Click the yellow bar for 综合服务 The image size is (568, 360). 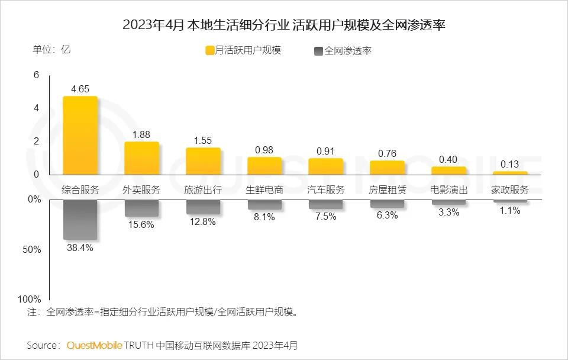click(80, 136)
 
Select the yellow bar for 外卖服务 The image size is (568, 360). click(141, 158)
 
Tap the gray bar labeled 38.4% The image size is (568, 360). click(80, 220)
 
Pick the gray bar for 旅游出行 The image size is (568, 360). click(203, 207)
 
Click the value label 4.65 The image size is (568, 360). click(80, 89)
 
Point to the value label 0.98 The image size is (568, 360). click(264, 150)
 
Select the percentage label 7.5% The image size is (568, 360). click(325, 217)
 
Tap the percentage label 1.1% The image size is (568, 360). click(509, 211)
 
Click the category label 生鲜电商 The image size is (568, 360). click(264, 190)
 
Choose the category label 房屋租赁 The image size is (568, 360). click(387, 190)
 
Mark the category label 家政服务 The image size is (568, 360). click(509, 190)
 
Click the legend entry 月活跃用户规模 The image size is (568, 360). click(243, 50)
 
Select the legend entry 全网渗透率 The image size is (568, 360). click(344, 51)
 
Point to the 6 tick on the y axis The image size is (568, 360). click(36, 75)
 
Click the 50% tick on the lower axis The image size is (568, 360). click(33, 250)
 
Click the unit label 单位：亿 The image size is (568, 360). click(51, 50)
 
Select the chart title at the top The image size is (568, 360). click(283, 25)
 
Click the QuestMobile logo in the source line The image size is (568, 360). click(94, 345)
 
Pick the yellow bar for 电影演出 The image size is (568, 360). click(448, 171)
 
